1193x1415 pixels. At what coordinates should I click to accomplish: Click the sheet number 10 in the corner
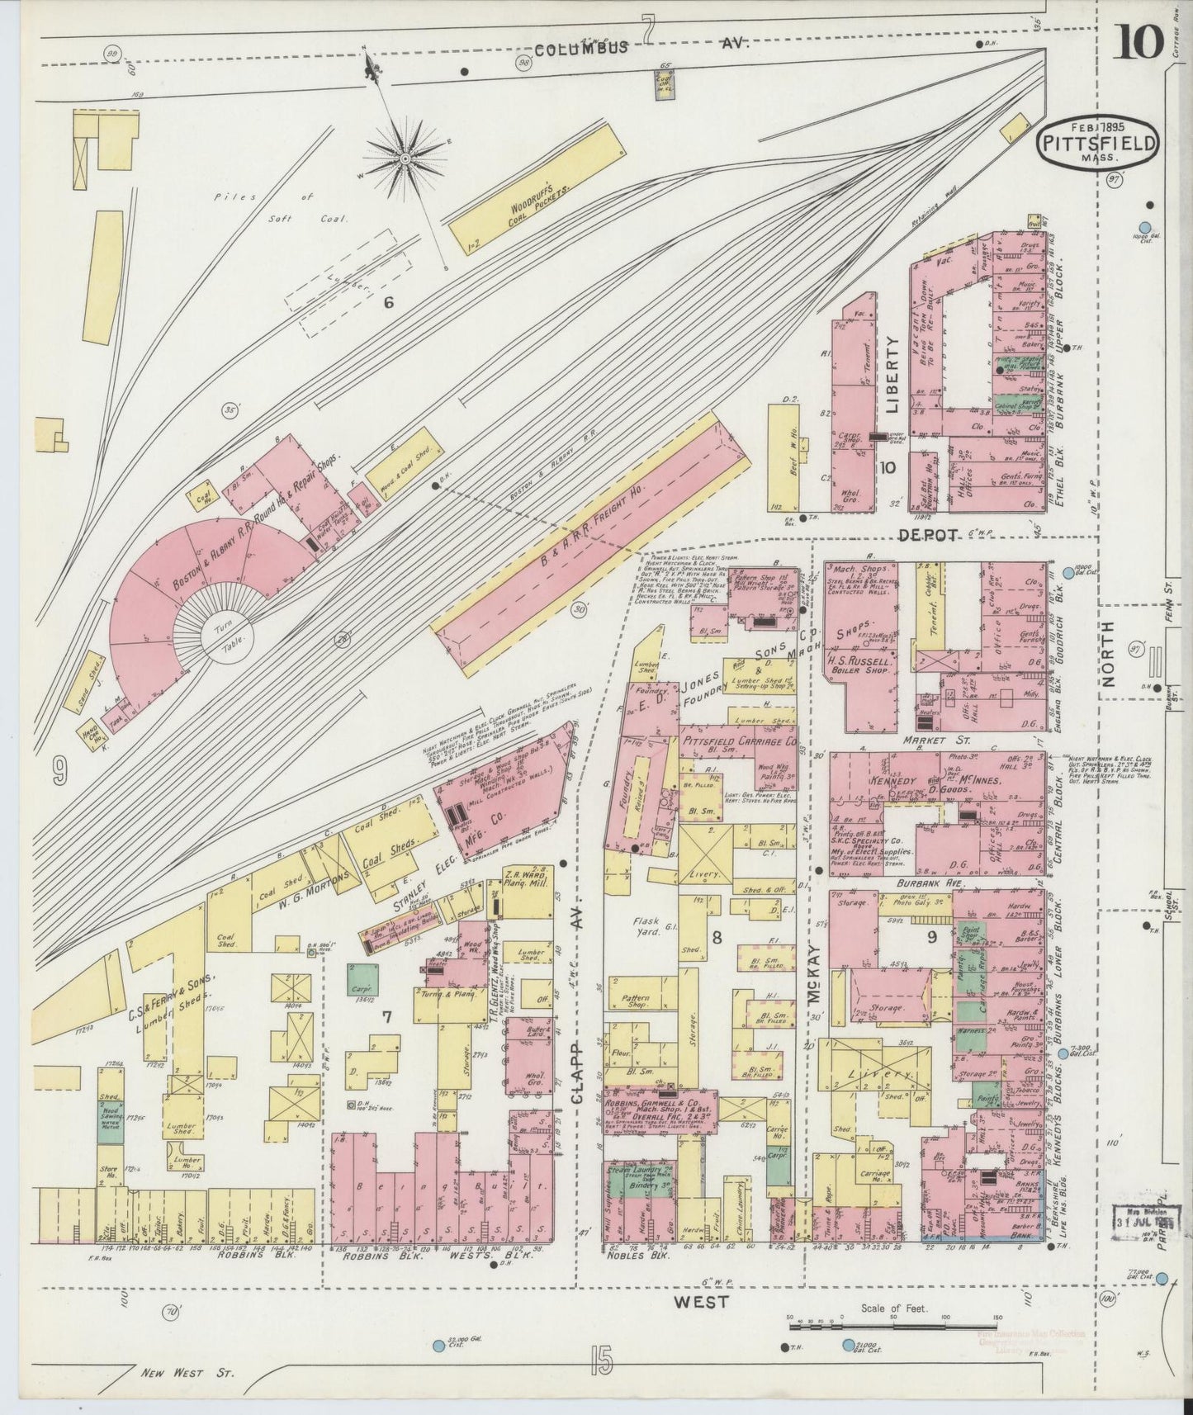1139,42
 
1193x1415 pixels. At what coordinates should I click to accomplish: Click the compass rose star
405,157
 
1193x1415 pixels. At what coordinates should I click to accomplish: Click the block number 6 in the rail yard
388,303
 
